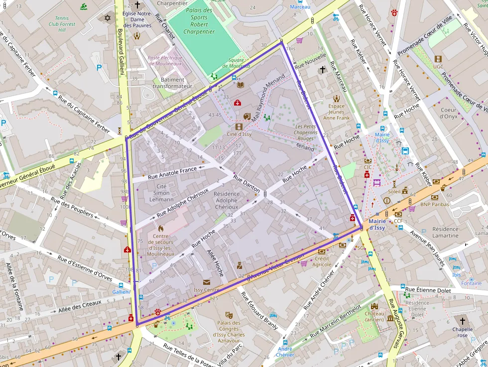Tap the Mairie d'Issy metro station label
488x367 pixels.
click(x=377, y=224)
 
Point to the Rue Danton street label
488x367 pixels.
click(x=246, y=184)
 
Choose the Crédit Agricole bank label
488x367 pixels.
click(x=323, y=261)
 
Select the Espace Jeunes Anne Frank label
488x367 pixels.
click(x=337, y=112)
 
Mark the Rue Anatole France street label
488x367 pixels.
click(x=172, y=172)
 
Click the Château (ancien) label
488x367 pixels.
click(x=374, y=317)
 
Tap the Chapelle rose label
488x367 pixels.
click(x=463, y=332)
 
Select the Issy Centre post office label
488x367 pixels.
click(x=206, y=290)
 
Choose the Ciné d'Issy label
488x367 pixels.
click(x=239, y=134)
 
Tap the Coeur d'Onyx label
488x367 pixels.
click(x=448, y=113)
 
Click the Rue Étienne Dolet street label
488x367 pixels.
click(x=428, y=290)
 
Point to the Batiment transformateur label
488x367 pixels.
click(x=172, y=83)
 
